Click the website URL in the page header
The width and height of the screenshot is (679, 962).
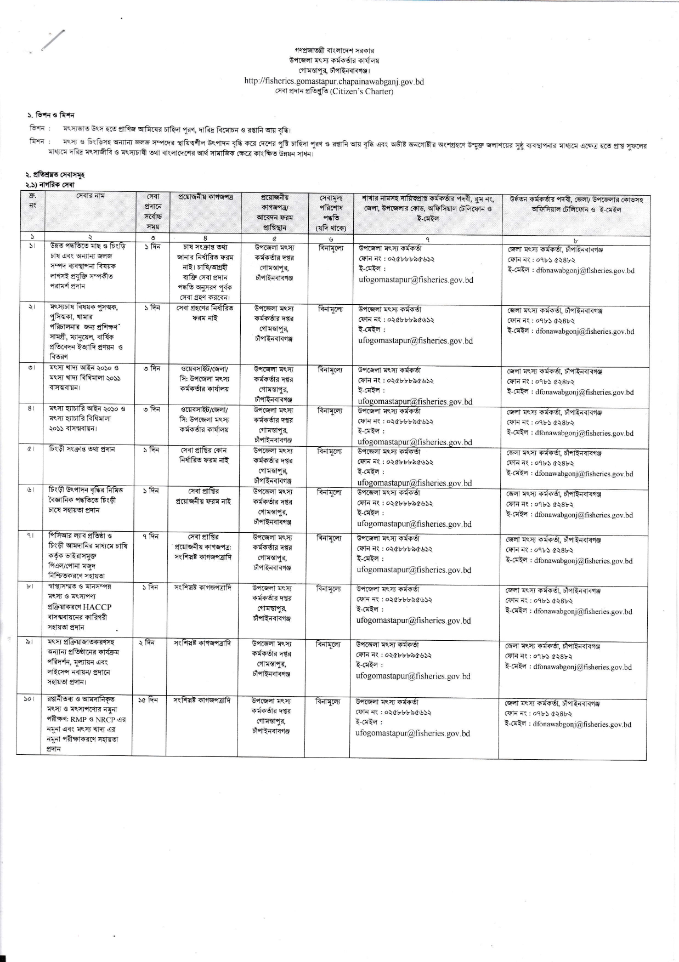(x=333, y=82)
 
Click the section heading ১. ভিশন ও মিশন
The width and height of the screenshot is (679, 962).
(x=51, y=115)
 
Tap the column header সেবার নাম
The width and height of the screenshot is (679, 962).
(x=90, y=196)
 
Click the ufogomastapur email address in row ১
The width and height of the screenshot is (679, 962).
(x=415, y=280)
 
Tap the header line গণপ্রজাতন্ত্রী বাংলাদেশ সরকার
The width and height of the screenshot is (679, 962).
(x=334, y=50)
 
